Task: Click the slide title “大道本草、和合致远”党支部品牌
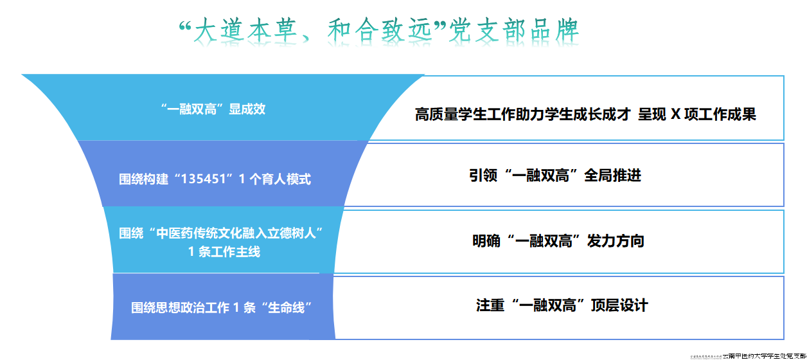[x=378, y=31]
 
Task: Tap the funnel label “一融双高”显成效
[x=213, y=109]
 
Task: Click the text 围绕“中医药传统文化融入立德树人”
[x=220, y=233]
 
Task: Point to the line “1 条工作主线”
[x=224, y=252]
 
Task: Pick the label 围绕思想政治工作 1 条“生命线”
[x=226, y=308]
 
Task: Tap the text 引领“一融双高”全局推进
[x=555, y=175]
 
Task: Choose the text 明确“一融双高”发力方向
[x=558, y=241]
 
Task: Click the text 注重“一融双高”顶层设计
[x=562, y=305]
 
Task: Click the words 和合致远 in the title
[x=380, y=31]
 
